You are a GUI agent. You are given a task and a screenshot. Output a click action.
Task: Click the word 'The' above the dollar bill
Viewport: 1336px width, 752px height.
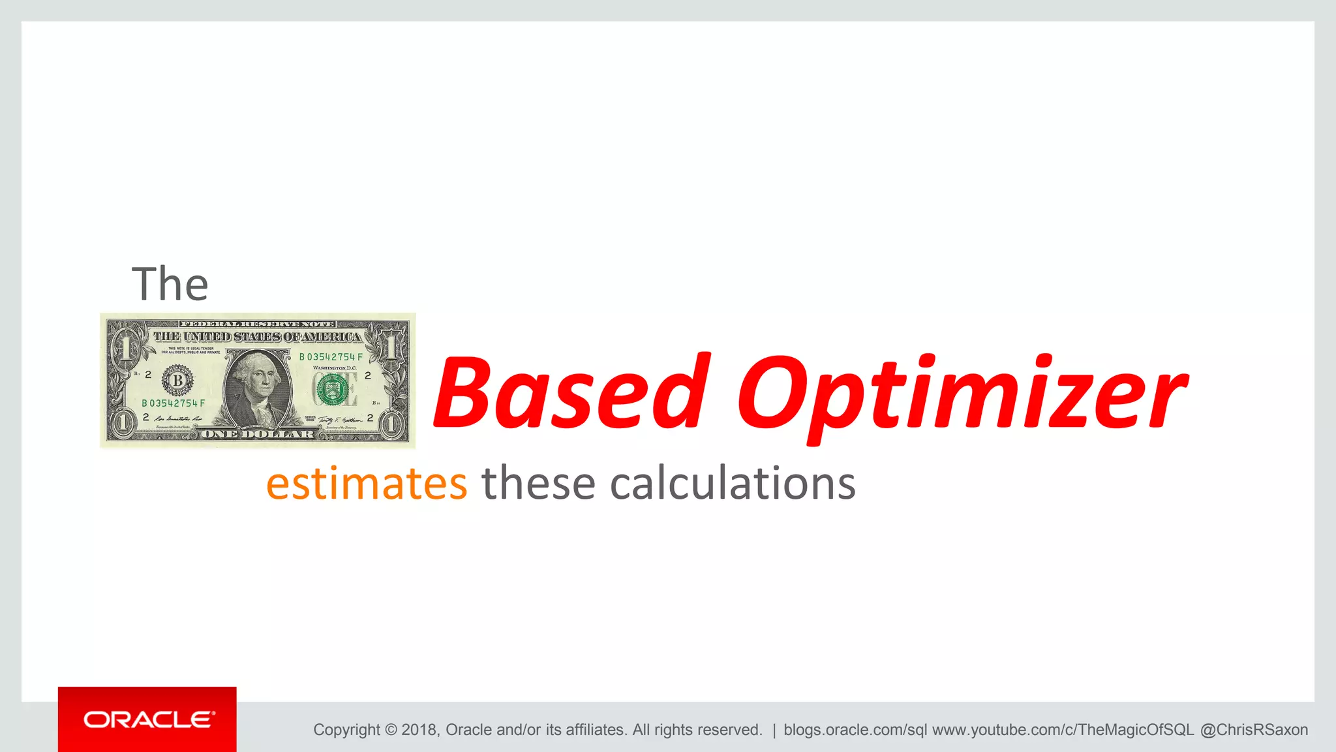[170, 284]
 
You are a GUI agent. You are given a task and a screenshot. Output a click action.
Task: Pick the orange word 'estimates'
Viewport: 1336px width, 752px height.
[367, 484]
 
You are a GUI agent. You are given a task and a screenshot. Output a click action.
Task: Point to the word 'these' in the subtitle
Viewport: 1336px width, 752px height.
[538, 484]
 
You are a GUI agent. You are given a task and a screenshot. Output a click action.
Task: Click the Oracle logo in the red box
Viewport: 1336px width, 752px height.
[148, 719]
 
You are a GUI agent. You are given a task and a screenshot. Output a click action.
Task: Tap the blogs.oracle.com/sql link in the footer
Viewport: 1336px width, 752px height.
[855, 730]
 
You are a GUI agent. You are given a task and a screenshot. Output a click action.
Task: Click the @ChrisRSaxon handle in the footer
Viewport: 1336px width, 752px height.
[1254, 730]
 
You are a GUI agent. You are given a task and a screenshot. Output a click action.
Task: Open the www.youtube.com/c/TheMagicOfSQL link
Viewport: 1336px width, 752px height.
[1063, 730]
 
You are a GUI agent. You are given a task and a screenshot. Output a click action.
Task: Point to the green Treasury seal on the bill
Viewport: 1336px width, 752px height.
[333, 390]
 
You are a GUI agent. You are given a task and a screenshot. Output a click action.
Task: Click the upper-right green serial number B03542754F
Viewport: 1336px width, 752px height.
[331, 357]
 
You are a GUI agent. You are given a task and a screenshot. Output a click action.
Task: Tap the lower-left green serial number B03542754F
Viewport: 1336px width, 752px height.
[174, 403]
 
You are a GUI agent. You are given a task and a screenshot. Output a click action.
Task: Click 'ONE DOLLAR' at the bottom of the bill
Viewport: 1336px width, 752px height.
[258, 434]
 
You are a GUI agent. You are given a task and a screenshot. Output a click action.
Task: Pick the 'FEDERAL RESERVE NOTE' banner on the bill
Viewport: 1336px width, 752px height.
[258, 324]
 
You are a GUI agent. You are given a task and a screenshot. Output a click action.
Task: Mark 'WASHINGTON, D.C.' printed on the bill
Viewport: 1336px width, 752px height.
[335, 368]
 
